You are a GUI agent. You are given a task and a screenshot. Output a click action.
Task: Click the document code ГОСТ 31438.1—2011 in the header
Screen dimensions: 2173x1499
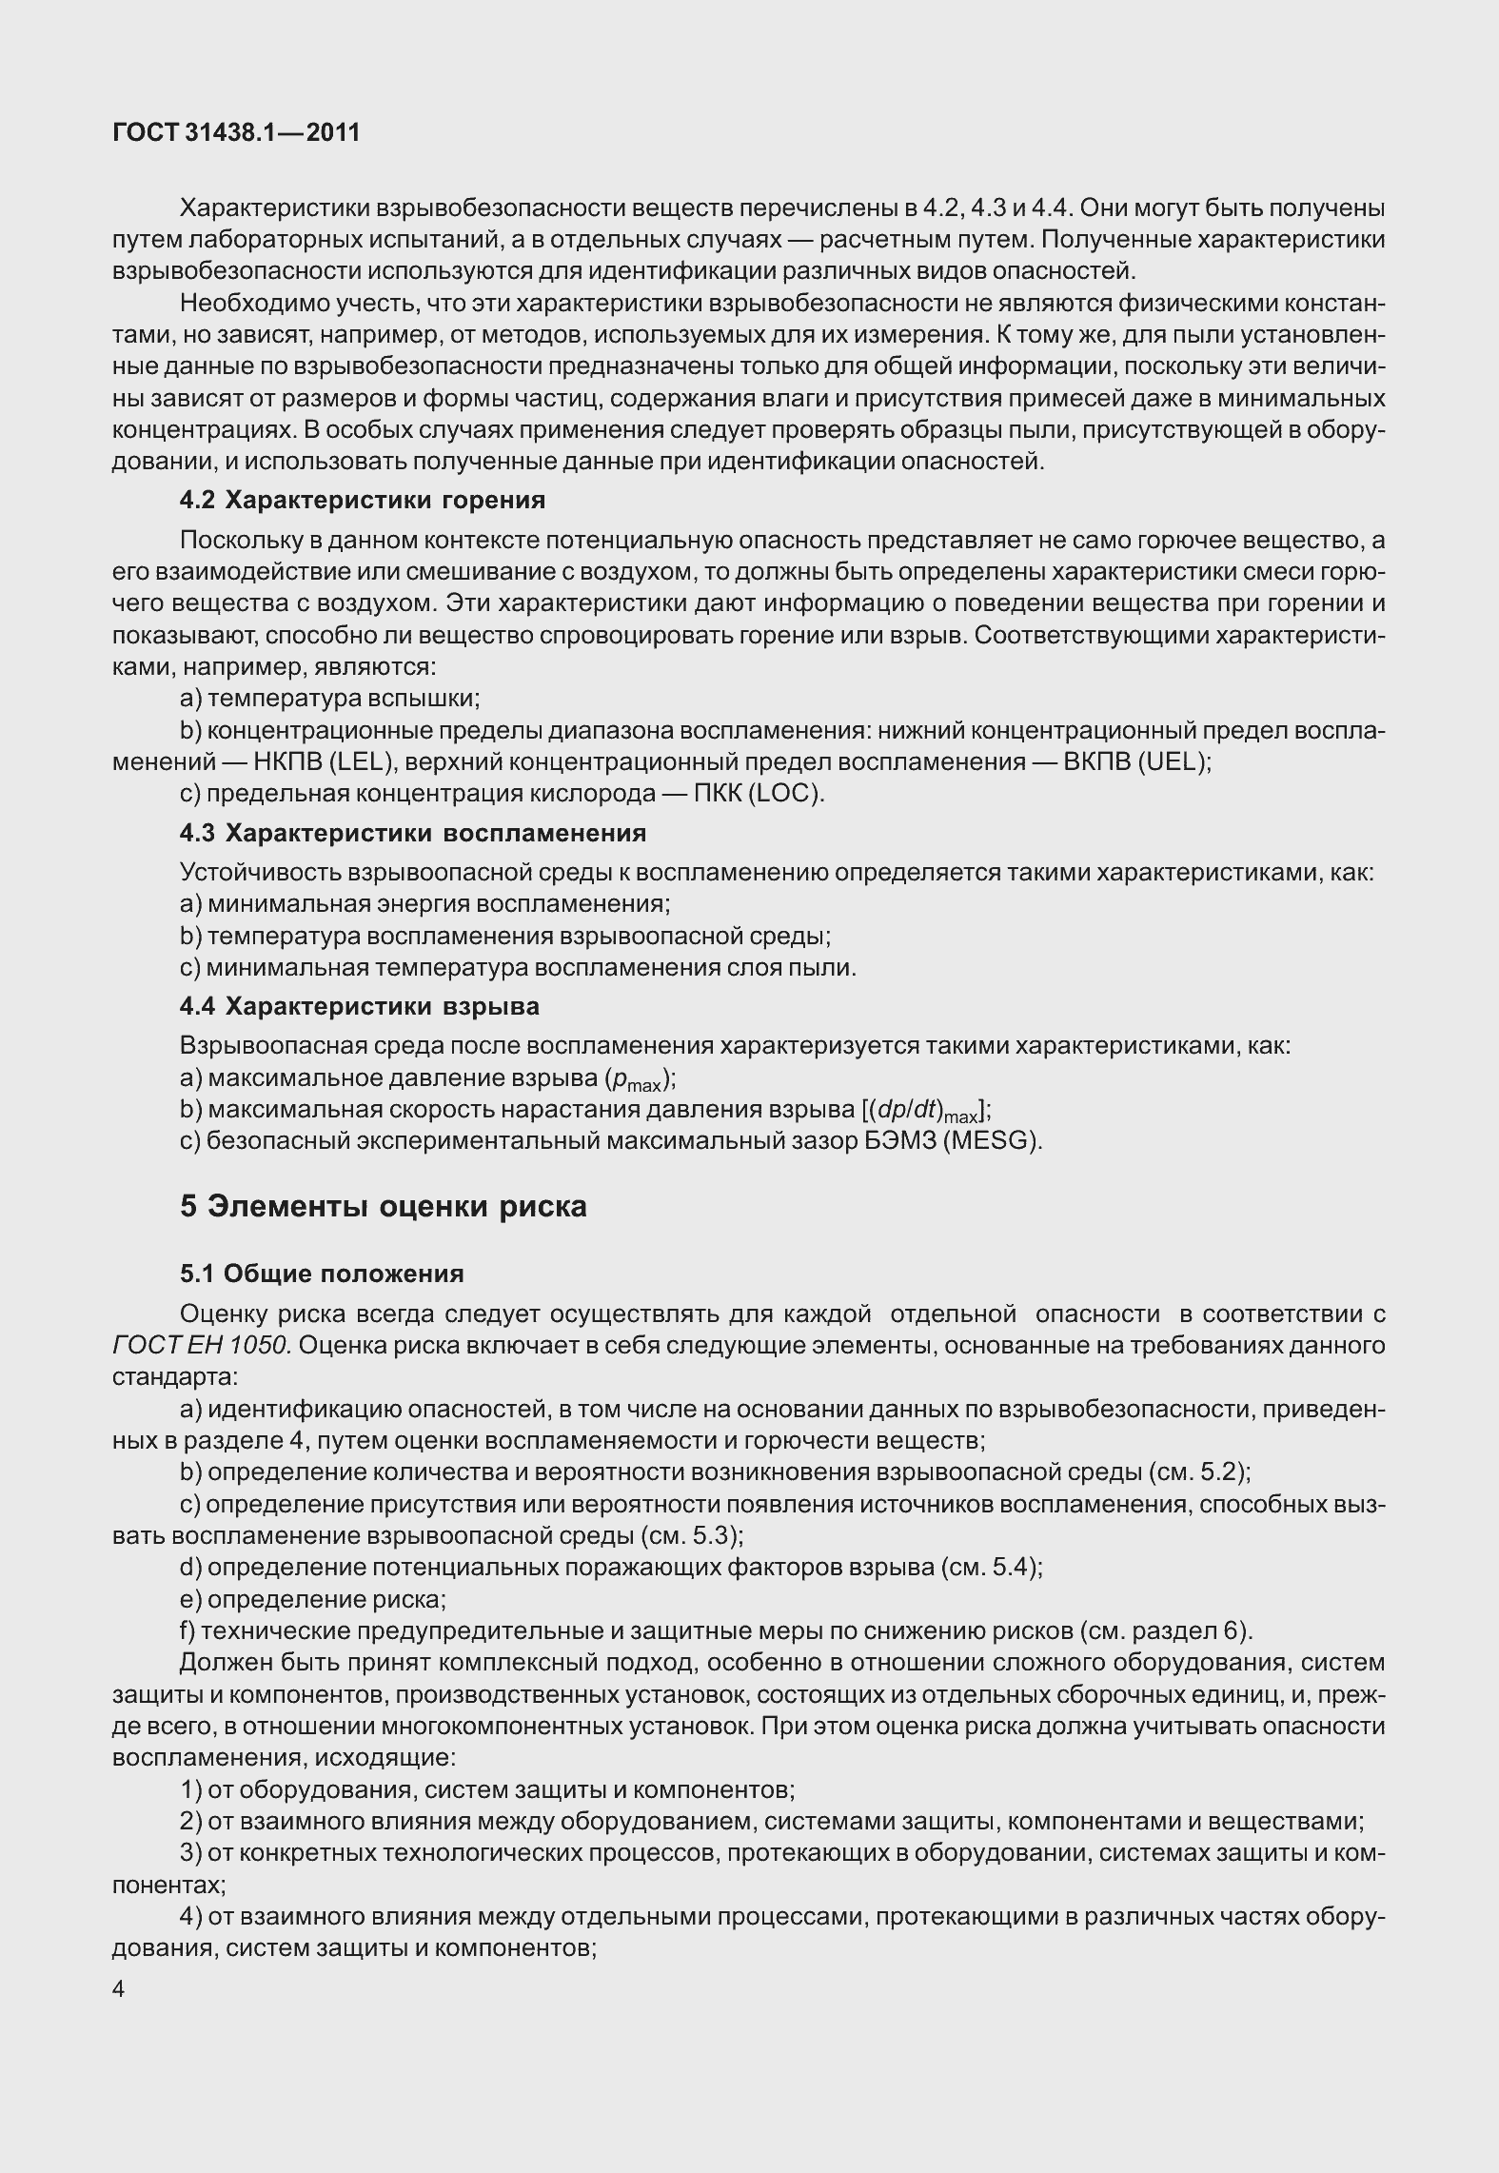[x=236, y=132]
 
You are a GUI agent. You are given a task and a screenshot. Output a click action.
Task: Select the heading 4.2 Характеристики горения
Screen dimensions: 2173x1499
[x=363, y=500]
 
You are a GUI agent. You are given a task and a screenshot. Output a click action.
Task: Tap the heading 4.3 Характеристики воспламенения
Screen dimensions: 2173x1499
[x=413, y=833]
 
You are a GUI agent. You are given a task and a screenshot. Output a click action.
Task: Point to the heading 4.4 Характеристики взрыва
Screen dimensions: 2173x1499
[x=360, y=1006]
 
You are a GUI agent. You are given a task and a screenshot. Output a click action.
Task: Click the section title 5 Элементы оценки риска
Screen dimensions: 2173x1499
[x=384, y=1206]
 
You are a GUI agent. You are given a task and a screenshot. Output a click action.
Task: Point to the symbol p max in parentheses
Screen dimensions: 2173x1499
[x=640, y=1079]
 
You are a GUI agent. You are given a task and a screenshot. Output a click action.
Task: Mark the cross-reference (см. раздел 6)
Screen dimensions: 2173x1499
[x=1167, y=1630]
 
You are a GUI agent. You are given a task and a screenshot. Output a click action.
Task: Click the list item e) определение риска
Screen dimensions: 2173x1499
[x=313, y=1599]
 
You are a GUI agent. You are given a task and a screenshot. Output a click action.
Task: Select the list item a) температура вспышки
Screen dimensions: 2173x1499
[x=330, y=699]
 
